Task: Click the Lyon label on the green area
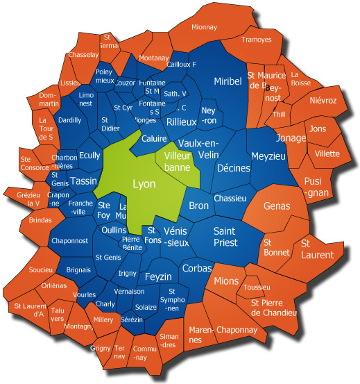click(144, 184)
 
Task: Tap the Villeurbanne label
click(176, 162)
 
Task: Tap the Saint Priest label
click(225, 237)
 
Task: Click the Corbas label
click(197, 267)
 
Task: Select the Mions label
click(226, 281)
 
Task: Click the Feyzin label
click(158, 276)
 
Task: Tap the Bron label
click(198, 206)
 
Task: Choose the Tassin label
click(83, 181)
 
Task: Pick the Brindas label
click(40, 220)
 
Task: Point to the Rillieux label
click(182, 122)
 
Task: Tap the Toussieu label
click(257, 287)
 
